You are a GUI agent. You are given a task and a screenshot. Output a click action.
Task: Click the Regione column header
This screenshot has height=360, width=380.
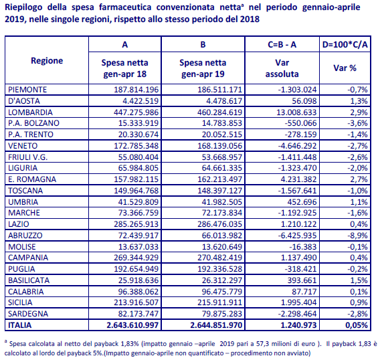47,61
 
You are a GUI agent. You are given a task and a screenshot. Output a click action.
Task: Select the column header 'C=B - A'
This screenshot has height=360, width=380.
282,45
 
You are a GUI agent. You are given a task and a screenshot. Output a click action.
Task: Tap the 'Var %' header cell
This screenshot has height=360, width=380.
345,68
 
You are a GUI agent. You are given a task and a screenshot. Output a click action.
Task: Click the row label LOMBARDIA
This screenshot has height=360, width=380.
30,112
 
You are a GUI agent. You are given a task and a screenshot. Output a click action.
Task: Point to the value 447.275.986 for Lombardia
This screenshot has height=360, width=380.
136,112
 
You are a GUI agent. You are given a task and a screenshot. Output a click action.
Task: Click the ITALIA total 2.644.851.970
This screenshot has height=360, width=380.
216,325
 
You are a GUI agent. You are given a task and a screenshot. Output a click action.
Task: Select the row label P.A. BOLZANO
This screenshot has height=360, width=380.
33,123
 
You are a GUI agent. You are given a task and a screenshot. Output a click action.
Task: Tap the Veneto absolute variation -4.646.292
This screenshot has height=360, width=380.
297,146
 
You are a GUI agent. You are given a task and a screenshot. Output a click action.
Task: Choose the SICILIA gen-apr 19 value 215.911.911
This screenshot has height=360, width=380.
220,302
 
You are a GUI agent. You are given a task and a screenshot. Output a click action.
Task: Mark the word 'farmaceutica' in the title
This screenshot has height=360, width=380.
125,7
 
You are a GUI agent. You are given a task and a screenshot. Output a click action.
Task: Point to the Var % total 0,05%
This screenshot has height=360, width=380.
357,325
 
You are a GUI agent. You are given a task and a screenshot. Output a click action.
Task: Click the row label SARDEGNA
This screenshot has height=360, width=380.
28,314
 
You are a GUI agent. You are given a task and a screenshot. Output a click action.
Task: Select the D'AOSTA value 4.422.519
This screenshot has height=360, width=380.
140,101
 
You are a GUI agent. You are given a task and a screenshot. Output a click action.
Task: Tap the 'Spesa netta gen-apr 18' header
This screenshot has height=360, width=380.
125,68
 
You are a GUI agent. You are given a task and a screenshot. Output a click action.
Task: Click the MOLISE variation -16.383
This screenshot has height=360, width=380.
303,247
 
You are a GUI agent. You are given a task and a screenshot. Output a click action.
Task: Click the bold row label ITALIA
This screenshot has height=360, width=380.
20,325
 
